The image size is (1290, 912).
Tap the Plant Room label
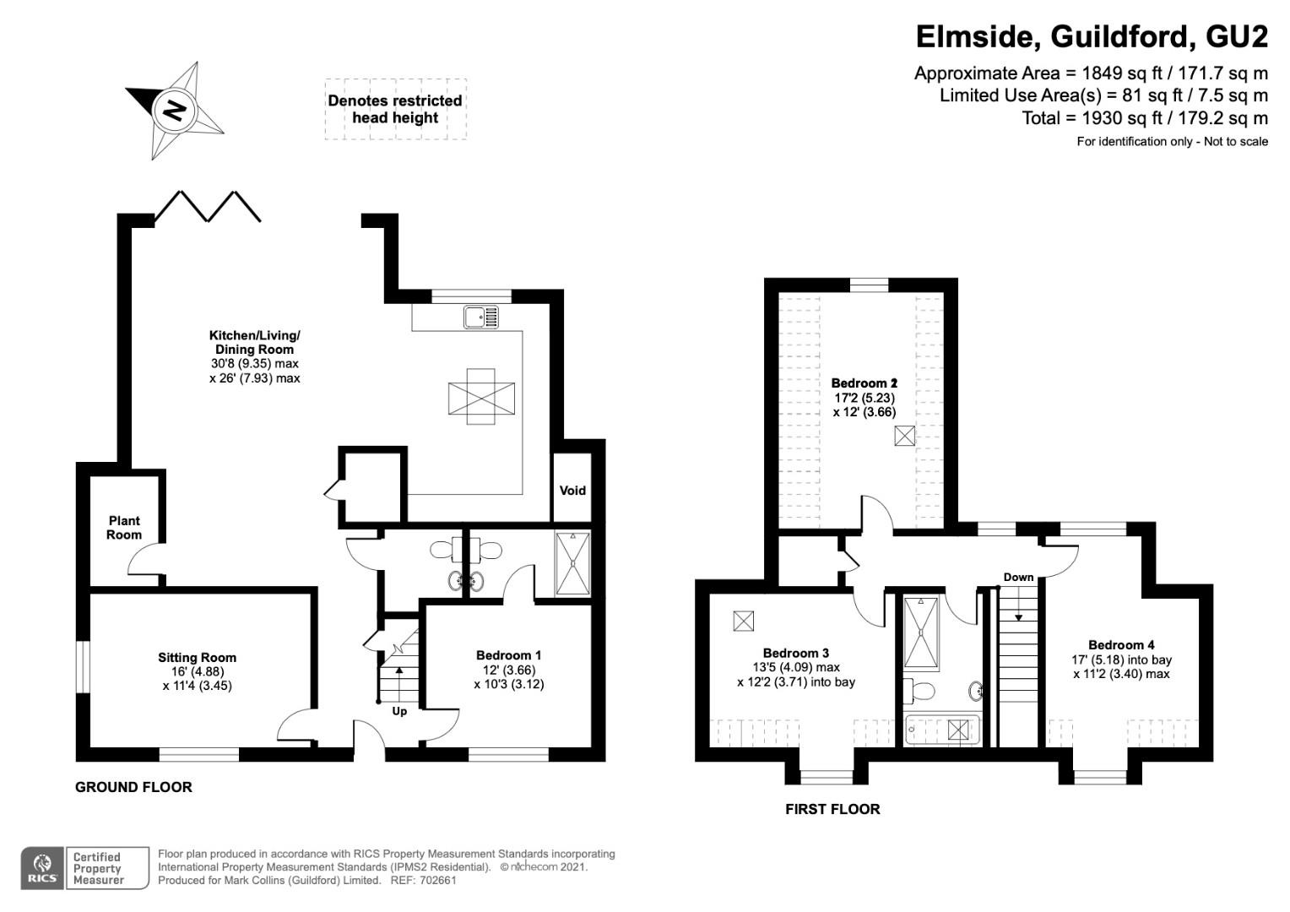[124, 528]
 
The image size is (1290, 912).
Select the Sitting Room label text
[197, 657]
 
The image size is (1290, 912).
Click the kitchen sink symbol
[481, 318]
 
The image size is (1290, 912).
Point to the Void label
[572, 491]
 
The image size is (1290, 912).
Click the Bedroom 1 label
[508, 655]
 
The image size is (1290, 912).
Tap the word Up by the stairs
[399, 712]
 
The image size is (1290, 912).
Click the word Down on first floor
[1018, 577]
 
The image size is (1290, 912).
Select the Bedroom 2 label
[864, 383]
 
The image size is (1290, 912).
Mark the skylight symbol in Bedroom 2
[904, 436]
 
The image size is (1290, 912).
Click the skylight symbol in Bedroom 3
[743, 621]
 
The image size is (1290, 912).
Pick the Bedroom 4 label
[1121, 645]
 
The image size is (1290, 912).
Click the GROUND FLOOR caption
[133, 787]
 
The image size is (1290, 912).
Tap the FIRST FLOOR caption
[832, 809]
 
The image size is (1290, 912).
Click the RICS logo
[42, 868]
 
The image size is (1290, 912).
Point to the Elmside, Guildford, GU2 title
[1092, 36]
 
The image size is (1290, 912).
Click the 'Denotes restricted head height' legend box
[396, 109]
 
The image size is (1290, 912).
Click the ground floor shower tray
[573, 563]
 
